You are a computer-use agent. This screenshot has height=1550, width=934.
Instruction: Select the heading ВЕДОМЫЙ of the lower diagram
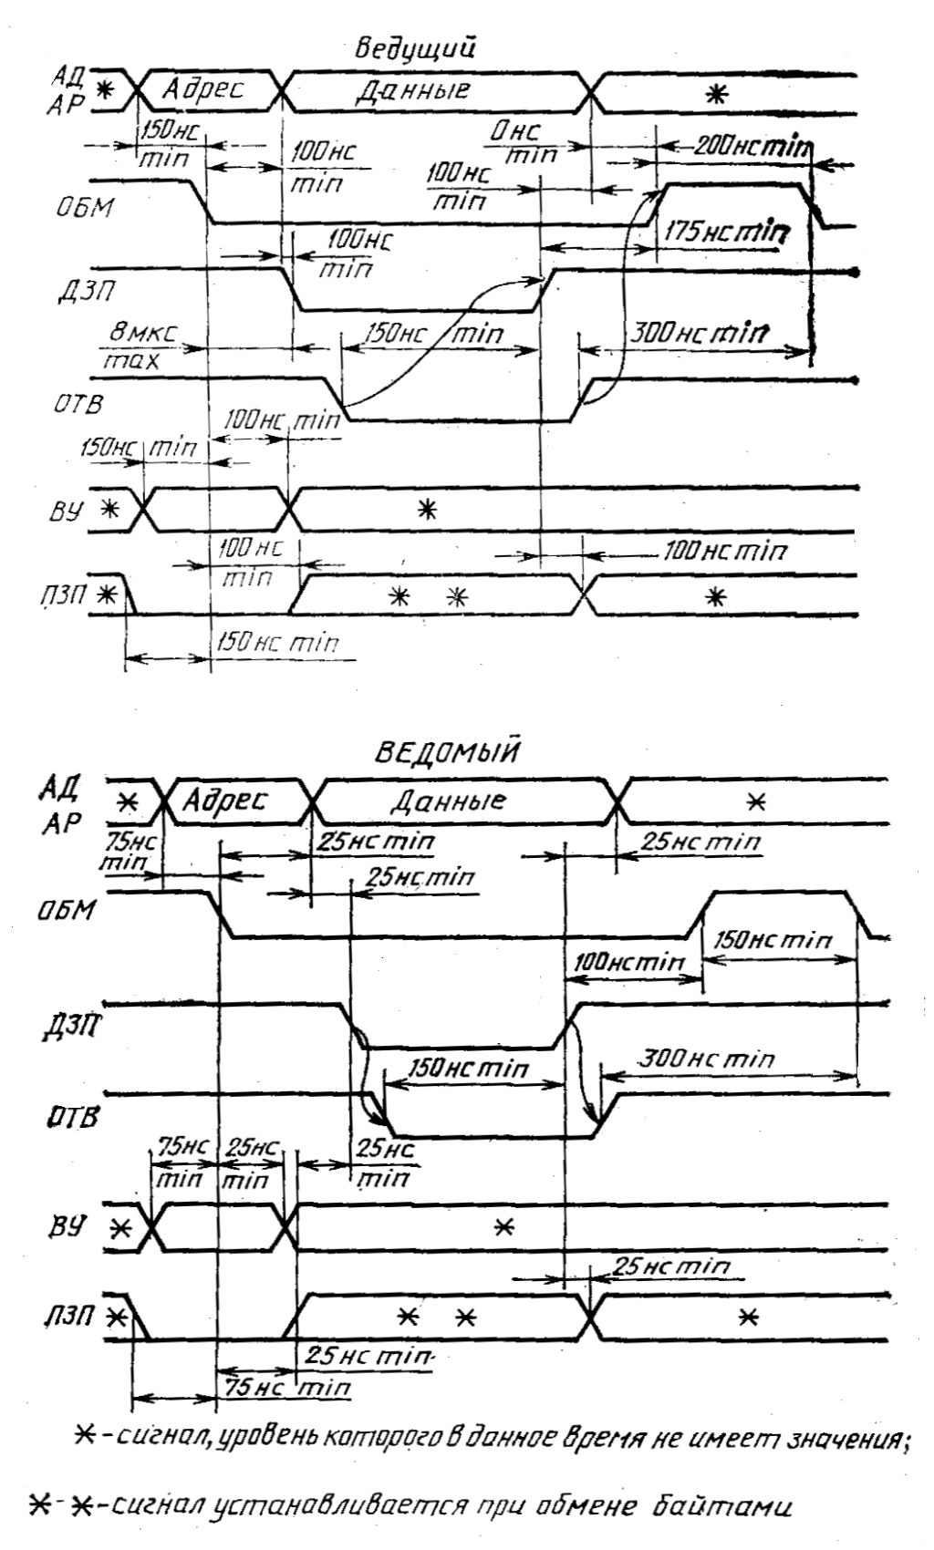pos(447,754)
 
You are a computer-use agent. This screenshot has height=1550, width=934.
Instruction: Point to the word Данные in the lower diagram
pos(447,801)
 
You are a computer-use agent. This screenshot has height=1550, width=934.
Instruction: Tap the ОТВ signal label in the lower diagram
pos(71,1117)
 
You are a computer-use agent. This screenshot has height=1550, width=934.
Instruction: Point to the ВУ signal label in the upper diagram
pos(70,511)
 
